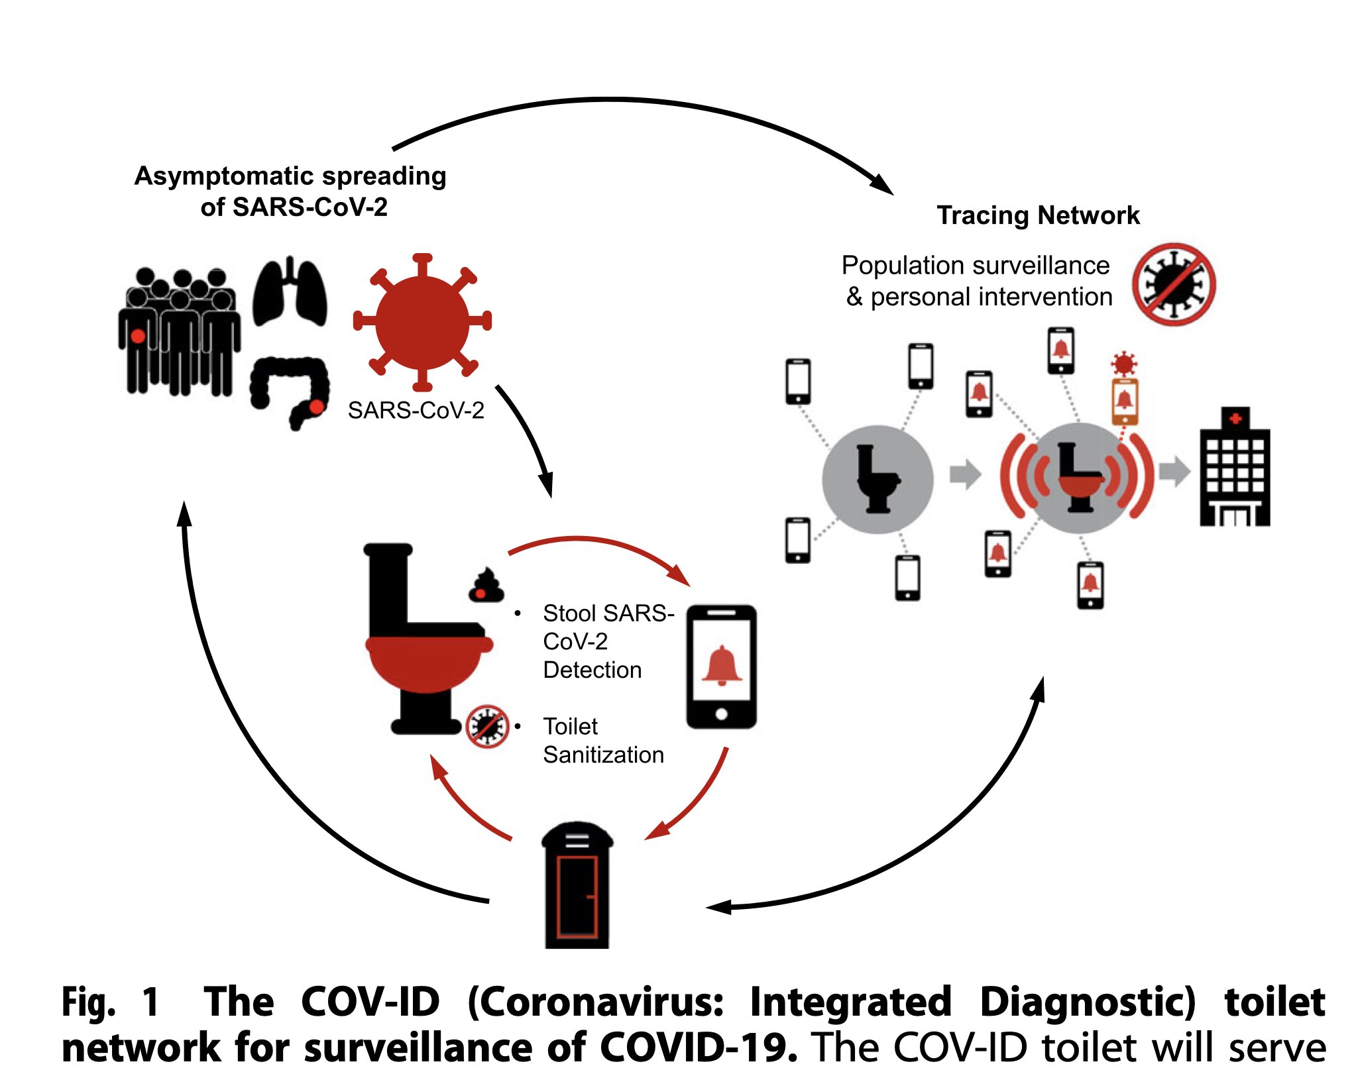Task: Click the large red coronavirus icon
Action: pyautogui.click(x=422, y=322)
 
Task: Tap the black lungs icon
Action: pyautogui.click(x=290, y=294)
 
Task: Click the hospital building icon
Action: pyautogui.click(x=1235, y=468)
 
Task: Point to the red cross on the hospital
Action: pyautogui.click(x=1235, y=419)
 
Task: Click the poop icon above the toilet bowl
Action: pyautogui.click(x=486, y=586)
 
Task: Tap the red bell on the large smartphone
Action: pyautogui.click(x=722, y=666)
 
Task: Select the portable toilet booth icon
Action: pyautogui.click(x=577, y=886)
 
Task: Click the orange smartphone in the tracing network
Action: pyautogui.click(x=1125, y=401)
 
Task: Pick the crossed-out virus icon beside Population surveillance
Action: pyautogui.click(x=1173, y=284)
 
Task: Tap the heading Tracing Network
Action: pyautogui.click(x=1038, y=215)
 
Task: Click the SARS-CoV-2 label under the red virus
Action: pyautogui.click(x=416, y=411)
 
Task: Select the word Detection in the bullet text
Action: pyautogui.click(x=592, y=670)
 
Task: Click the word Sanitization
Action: pyautogui.click(x=603, y=755)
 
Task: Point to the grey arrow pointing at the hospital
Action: pyautogui.click(x=1174, y=472)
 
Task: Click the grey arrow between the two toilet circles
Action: pyautogui.click(x=965, y=474)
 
